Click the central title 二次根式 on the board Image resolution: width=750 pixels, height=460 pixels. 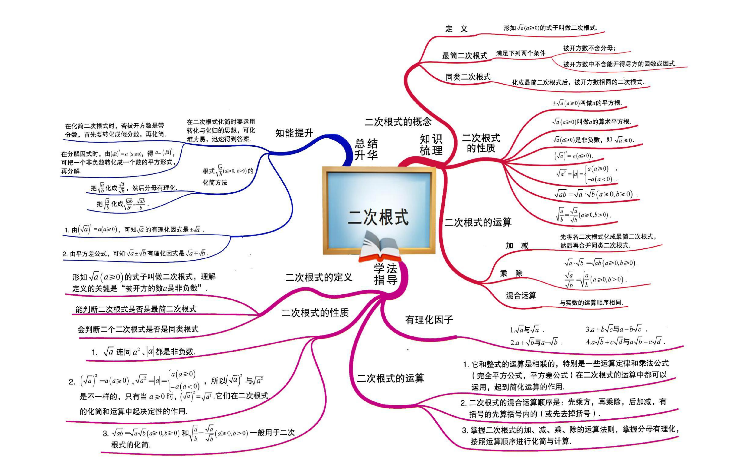(x=378, y=217)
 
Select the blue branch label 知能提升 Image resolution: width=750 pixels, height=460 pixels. (x=294, y=133)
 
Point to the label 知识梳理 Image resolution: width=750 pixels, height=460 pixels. (x=431, y=145)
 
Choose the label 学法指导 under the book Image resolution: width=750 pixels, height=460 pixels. (x=386, y=274)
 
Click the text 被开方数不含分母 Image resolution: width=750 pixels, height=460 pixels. (x=589, y=48)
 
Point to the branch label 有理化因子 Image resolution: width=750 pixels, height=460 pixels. (x=429, y=320)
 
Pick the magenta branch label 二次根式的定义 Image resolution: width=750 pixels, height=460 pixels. (x=319, y=277)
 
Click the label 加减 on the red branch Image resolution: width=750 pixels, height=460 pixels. (x=517, y=245)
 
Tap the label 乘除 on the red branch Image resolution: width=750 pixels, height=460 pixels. (x=511, y=273)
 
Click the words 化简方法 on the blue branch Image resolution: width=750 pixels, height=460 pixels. (x=215, y=182)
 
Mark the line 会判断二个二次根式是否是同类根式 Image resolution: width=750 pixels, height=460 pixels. (x=138, y=329)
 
